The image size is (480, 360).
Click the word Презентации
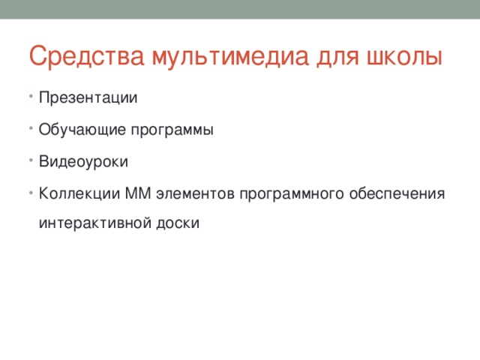point(88,98)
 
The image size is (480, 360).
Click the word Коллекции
point(76,194)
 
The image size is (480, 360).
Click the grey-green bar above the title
point(240,9)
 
